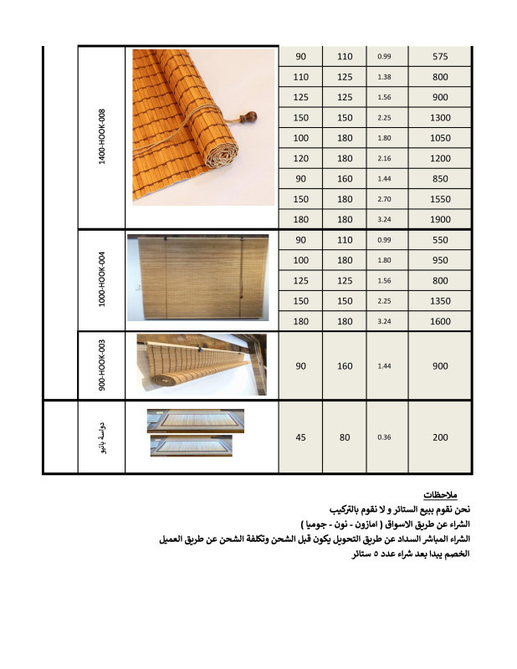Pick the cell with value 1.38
click(x=385, y=77)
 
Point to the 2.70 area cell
click(x=385, y=199)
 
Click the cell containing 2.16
click(x=385, y=158)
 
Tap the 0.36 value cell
click(x=385, y=437)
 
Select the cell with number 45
click(x=301, y=437)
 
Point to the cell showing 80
click(x=345, y=437)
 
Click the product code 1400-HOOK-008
click(x=102, y=135)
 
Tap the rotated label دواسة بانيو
click(x=102, y=437)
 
